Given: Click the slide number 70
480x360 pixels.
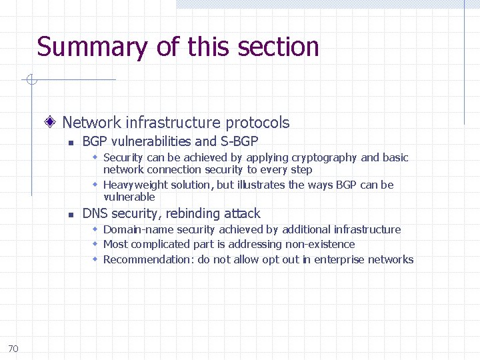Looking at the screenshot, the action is (x=13, y=348).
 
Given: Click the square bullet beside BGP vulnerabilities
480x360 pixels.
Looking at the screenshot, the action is (x=70, y=143).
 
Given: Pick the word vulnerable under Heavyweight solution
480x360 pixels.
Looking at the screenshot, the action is (x=129, y=197).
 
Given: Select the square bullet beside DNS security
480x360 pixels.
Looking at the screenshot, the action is (x=70, y=215).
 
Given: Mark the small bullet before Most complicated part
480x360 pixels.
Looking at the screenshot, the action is (x=96, y=244).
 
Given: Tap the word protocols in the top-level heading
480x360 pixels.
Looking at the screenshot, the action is (x=257, y=123).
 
